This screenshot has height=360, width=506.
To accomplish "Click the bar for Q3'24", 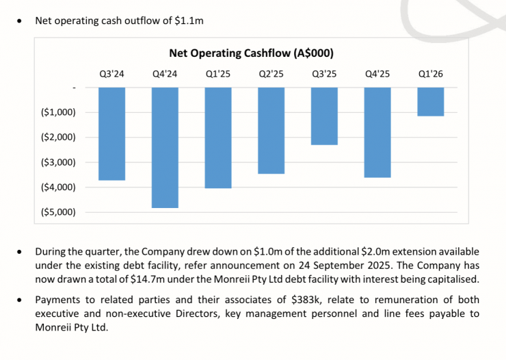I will point(112,133).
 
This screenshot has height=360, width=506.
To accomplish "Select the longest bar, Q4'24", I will point(165,147).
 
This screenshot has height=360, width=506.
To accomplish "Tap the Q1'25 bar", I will point(218,138).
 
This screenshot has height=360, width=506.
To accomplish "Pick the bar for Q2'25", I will point(271,130).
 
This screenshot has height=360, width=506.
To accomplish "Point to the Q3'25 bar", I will point(324,116).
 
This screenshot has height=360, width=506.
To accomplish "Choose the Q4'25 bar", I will point(377,132).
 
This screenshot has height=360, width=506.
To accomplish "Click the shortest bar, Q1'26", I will point(431,101).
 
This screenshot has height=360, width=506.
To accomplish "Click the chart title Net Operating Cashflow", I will point(251,53).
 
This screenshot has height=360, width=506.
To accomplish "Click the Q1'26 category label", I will point(431,73).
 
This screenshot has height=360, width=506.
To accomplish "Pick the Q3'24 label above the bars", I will point(112,73).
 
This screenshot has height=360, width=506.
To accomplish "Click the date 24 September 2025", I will point(351,266).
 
